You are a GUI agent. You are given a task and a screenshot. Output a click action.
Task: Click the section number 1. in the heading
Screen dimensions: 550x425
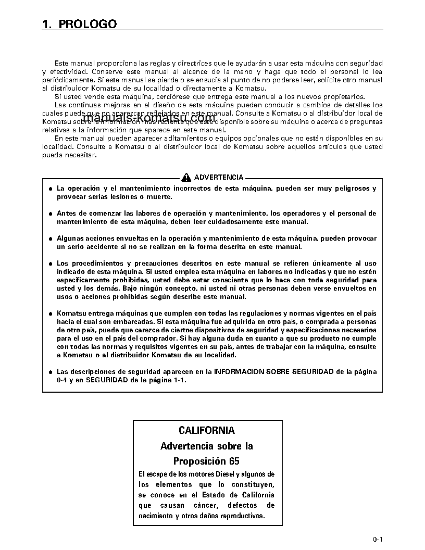click(x=47, y=24)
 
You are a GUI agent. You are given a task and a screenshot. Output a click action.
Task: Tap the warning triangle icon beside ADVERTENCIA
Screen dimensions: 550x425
click(x=186, y=178)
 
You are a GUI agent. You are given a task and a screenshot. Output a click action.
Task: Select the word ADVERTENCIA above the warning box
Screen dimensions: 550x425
click(x=218, y=178)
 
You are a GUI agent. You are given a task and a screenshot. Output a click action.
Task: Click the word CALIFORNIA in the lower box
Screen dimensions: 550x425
click(x=207, y=431)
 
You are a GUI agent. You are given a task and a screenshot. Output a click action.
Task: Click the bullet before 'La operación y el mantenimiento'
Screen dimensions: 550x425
click(x=51, y=189)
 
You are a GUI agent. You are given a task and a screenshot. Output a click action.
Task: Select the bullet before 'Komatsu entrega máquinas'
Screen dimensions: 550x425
click(x=51, y=314)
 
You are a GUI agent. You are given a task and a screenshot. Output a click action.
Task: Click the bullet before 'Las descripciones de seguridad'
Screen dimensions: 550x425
click(x=51, y=372)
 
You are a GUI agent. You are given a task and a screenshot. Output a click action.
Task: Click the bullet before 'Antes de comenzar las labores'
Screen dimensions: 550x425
click(x=51, y=214)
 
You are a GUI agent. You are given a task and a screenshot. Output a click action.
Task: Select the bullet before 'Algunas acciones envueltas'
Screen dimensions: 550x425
click(x=51, y=239)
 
